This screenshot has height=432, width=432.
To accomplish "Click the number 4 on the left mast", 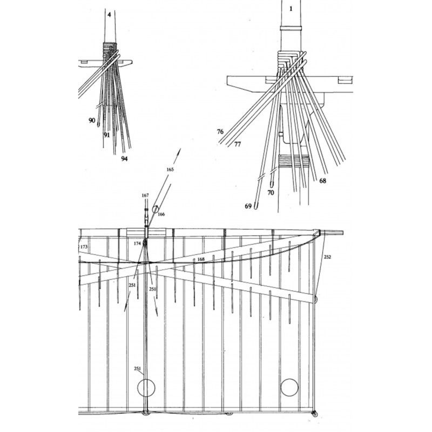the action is click(x=110, y=15).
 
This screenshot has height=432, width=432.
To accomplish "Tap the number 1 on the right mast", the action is click(x=291, y=9).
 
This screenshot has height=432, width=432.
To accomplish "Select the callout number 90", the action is click(x=92, y=120).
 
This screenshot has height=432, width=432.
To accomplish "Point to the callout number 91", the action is click(x=107, y=134).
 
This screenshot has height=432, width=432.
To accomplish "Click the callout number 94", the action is click(x=125, y=159).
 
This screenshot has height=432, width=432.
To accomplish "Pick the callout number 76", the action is click(x=220, y=132).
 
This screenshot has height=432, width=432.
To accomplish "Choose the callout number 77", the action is click(x=238, y=144).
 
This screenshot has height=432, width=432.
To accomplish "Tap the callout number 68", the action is click(x=322, y=181).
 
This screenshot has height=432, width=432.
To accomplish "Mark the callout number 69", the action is click(x=248, y=206).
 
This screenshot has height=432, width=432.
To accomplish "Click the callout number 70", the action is click(x=271, y=193).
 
